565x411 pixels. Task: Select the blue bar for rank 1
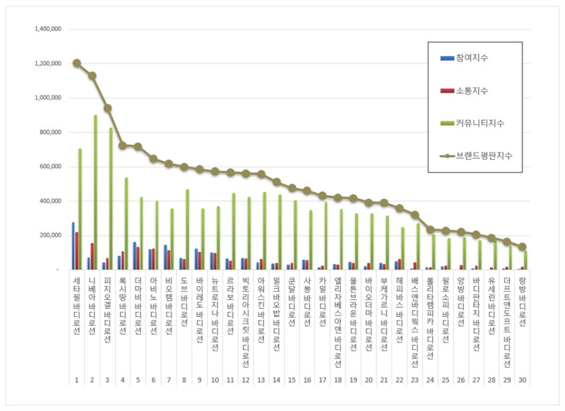[73, 246]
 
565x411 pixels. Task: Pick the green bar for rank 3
[111, 198]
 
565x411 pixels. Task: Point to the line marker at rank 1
[76, 63]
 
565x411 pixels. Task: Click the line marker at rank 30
[522, 247]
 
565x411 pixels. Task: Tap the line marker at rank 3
[107, 108]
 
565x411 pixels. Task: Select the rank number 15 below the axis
[291, 381]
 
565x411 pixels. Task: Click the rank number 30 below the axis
[521, 381]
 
